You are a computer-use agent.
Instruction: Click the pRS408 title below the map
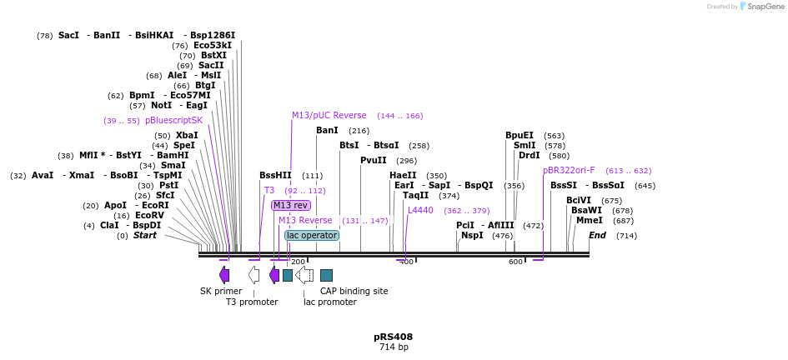tap(393, 337)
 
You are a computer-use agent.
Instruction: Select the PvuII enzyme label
tap(373, 160)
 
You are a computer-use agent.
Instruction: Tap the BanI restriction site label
tap(327, 131)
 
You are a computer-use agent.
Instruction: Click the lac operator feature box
tap(312, 236)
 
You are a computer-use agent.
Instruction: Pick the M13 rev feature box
tap(290, 205)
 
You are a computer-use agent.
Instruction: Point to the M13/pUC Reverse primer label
tap(329, 116)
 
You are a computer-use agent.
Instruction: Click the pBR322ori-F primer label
tap(569, 170)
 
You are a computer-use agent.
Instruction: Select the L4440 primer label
tap(420, 210)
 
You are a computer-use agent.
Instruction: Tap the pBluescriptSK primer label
tap(173, 121)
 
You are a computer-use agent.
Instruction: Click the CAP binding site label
tap(354, 291)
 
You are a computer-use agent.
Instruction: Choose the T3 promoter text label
tap(252, 302)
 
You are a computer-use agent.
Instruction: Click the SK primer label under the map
tap(221, 291)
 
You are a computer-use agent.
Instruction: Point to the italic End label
tap(597, 235)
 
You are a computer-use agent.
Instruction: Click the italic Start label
tap(145, 236)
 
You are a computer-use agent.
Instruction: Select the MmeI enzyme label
tap(589, 221)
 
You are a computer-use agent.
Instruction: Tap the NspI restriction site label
tap(472, 236)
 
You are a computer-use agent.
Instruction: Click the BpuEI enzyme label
tap(519, 135)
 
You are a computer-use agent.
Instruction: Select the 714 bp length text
tap(394, 347)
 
